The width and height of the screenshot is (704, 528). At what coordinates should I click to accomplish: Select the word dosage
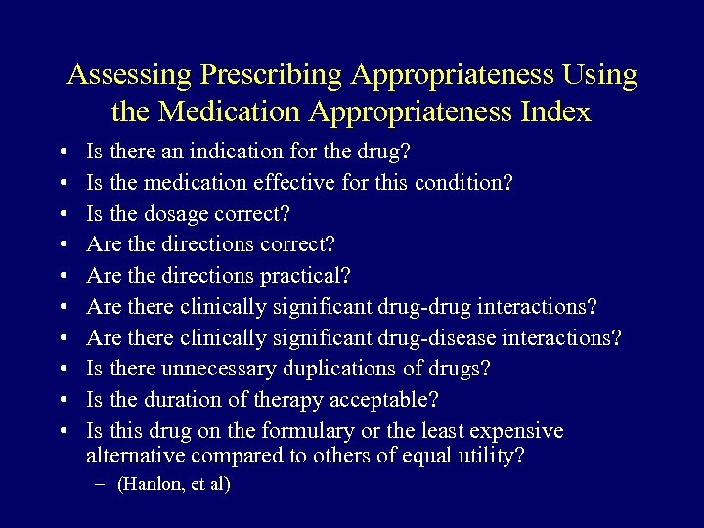tap(178, 214)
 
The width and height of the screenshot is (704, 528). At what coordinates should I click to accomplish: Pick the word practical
tap(300, 276)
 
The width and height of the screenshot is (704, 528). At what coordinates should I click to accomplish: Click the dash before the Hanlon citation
tap(102, 485)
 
